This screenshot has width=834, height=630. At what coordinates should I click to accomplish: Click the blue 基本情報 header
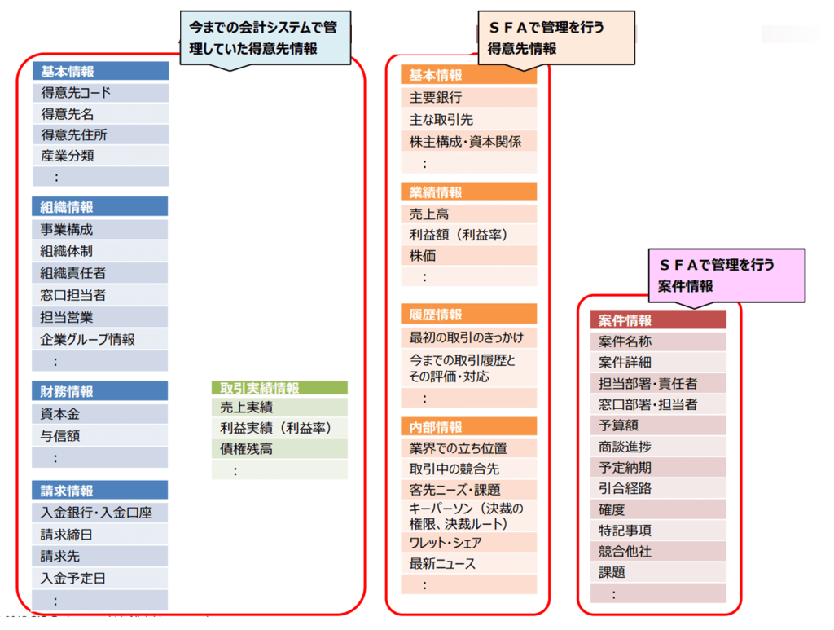(100, 71)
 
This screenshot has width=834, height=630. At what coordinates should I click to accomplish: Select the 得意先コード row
(100, 93)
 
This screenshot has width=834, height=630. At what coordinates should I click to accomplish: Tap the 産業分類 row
(100, 156)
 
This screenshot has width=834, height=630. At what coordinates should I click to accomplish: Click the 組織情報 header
(100, 206)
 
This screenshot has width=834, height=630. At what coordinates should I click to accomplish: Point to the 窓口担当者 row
(100, 295)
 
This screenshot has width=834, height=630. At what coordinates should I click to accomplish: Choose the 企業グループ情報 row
(100, 339)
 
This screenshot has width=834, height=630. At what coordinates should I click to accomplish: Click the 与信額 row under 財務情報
(100, 436)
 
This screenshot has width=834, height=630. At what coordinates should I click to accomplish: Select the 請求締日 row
(100, 534)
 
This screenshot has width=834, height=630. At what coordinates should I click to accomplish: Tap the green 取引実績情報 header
(280, 388)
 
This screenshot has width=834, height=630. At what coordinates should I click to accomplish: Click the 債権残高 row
(280, 448)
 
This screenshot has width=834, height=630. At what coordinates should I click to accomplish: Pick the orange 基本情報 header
(468, 75)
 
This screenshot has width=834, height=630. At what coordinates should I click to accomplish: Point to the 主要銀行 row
(468, 97)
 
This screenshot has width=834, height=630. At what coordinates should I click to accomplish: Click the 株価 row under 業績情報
(468, 255)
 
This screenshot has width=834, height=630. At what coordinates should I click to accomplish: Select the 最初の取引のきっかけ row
(468, 337)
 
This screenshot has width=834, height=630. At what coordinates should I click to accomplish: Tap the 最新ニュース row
(468, 563)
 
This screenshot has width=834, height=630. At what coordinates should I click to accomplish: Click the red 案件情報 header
(658, 319)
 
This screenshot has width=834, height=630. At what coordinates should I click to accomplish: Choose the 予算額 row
(658, 425)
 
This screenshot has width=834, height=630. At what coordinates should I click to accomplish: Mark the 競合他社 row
(658, 551)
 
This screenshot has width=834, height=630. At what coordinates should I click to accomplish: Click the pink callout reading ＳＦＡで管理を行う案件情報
(726, 275)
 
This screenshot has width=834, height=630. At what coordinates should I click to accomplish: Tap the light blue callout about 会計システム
(266, 38)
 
